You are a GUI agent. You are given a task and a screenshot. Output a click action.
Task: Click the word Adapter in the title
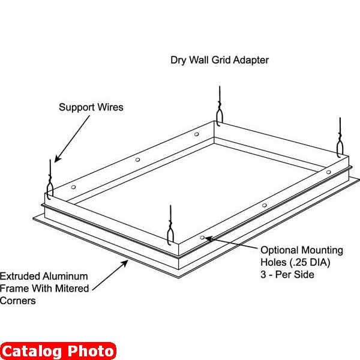251,61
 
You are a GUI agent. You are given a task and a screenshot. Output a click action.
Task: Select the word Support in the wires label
77,107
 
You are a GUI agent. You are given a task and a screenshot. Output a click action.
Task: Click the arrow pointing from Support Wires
72,139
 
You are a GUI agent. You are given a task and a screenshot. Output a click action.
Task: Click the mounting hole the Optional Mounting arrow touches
202,238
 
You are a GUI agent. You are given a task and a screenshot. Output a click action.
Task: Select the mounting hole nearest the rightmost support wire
329,172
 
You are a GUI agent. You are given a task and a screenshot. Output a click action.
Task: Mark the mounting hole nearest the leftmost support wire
73,187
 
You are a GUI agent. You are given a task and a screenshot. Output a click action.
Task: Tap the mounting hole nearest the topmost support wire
196,134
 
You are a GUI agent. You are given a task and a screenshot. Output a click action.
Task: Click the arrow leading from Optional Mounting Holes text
231,244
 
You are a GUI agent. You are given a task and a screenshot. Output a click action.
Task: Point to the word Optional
280,250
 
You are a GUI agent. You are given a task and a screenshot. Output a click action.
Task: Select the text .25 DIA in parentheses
310,262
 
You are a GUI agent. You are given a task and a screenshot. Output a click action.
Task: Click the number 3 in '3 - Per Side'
263,275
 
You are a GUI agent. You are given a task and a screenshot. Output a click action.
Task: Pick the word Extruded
20,276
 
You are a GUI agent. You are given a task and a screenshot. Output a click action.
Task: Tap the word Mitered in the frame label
72,289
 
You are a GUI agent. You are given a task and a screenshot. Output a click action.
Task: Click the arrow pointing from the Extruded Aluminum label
110,275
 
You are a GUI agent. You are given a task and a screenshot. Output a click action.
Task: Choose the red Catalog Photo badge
58,351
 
